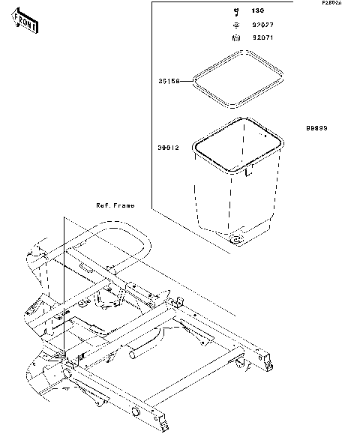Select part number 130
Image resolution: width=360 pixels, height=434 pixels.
[257, 11]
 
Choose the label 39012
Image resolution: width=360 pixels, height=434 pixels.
[168, 149]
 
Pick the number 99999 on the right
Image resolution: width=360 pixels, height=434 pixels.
[316, 128]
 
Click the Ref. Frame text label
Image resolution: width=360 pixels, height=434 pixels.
[114, 205]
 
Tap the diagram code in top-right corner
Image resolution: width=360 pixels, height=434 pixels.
[331, 3]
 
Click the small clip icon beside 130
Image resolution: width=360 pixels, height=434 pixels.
[235, 11]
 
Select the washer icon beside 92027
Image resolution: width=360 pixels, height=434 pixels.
[235, 24]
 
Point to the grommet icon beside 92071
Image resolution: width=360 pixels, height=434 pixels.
[235, 37]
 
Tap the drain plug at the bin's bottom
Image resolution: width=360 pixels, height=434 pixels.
[236, 240]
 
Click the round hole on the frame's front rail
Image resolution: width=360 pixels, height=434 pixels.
[136, 412]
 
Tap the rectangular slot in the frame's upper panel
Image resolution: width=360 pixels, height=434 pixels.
[86, 266]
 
